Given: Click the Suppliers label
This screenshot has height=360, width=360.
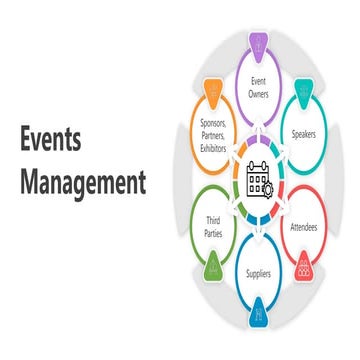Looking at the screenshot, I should click(x=257, y=271).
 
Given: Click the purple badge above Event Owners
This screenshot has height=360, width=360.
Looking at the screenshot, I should click(x=257, y=43).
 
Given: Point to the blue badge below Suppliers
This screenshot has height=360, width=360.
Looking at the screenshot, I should click(x=257, y=313).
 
